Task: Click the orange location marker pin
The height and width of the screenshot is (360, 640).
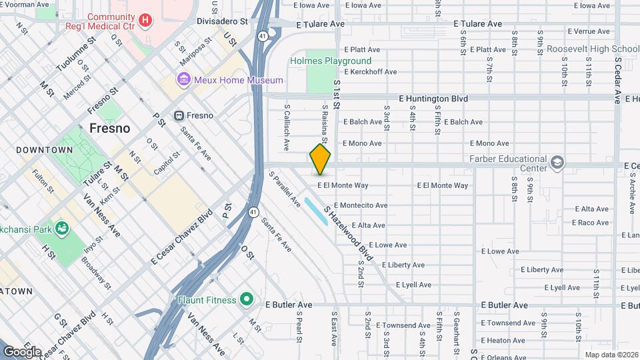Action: tap(321, 159)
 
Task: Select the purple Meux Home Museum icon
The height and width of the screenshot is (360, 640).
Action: tap(183, 80)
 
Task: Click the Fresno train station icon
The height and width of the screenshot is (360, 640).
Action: tap(179, 115)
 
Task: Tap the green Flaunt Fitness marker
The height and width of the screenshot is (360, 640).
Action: tap(246, 300)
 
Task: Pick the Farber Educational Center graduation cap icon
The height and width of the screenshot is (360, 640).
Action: tap(557, 162)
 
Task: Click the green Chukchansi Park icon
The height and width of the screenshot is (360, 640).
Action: tap(63, 229)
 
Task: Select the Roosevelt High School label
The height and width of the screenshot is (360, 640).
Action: tap(593, 49)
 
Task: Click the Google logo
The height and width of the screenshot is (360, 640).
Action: tap(22, 351)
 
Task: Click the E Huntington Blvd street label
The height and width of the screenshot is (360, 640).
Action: tap(433, 99)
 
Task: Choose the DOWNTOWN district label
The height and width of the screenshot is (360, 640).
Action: tap(44, 150)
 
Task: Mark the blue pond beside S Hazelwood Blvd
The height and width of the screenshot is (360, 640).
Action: tap(315, 210)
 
